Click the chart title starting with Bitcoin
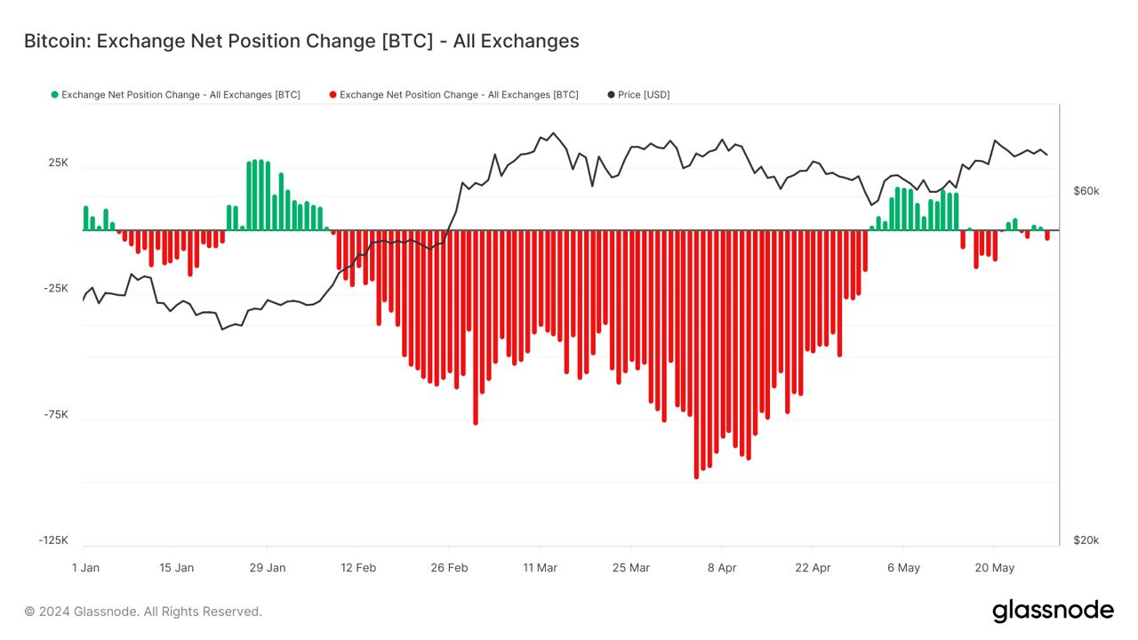tap(301, 41)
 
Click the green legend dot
tap(55, 94)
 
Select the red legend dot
tap(333, 94)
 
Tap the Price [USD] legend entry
tap(644, 94)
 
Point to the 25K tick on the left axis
tap(58, 164)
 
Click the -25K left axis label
tap(56, 289)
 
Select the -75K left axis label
tap(56, 414)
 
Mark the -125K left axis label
tap(53, 540)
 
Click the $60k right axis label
tap(1086, 191)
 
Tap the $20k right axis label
tap(1086, 540)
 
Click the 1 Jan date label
tap(85, 567)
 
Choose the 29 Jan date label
tap(267, 567)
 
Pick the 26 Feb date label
tap(449, 567)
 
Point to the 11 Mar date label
tap(540, 567)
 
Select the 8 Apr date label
tap(721, 567)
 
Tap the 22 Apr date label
tap(813, 567)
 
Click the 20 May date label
tap(994, 567)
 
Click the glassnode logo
tap(1053, 611)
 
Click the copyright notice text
tap(143, 612)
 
